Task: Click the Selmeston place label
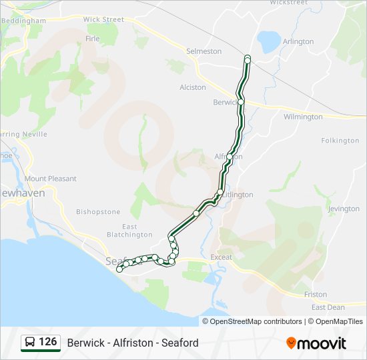click(204, 51)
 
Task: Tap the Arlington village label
click(298, 41)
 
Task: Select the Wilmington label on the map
click(303, 117)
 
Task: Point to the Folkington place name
click(340, 141)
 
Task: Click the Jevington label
click(344, 209)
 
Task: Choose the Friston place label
click(316, 294)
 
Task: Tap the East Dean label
click(328, 307)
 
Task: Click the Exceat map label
click(221, 257)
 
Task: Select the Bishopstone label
click(98, 212)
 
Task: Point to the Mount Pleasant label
click(50, 179)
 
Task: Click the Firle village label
click(92, 39)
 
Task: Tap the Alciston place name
click(193, 87)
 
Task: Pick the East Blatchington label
click(121, 231)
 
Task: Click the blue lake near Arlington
click(270, 41)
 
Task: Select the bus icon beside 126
click(30, 343)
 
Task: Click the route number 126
click(47, 342)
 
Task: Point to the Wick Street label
click(103, 19)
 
